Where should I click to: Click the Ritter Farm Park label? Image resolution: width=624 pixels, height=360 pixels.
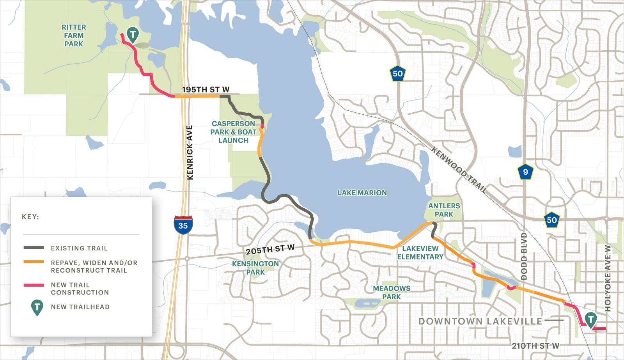point(74,35)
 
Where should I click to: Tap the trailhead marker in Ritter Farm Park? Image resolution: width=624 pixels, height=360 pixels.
point(133,34)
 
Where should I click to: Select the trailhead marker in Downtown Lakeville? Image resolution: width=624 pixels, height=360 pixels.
point(591,319)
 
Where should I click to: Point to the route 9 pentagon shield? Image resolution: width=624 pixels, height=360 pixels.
point(526,172)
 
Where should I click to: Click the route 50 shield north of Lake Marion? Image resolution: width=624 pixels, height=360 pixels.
point(397,73)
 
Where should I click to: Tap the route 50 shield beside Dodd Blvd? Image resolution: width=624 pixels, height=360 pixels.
point(552,220)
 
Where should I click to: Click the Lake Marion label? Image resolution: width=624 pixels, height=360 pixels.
point(362,193)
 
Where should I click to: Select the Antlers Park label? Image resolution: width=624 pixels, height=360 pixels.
point(444,210)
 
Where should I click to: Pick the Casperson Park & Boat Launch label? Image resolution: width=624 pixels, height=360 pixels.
point(233,132)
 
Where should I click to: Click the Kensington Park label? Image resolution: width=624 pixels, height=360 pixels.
point(255,268)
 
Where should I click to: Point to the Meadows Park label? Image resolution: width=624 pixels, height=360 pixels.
point(392,293)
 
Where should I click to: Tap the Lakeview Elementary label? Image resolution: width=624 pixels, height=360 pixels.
point(420,253)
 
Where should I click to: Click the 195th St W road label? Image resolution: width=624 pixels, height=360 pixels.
point(206,90)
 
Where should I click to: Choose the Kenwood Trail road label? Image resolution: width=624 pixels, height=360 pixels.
point(459,170)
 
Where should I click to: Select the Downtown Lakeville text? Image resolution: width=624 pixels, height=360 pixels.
point(480,321)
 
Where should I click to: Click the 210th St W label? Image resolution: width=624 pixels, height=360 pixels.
point(536,346)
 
